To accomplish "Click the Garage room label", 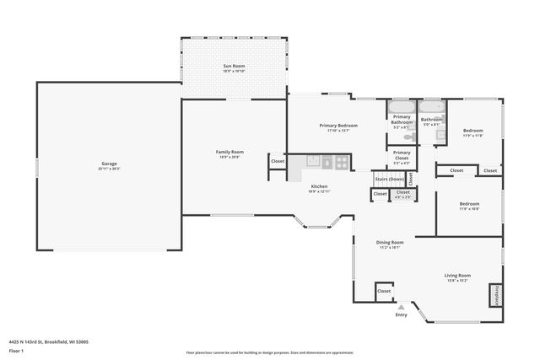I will coord(109,164).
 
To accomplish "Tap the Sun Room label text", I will coord(234,66).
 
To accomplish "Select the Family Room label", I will coord(229,152).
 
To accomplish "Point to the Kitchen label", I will coord(319,186).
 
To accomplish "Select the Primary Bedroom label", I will coord(337,125).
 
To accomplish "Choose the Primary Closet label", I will coord(402,155).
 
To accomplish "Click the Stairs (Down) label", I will coord(388,179).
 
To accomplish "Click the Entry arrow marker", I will coord(401,307).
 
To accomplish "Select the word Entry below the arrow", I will coord(401,315).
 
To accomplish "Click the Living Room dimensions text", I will coord(458,281).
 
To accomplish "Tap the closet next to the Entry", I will coord(384,291).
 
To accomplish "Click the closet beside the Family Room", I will coord(278,160).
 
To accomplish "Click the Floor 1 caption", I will coord(16,350).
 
